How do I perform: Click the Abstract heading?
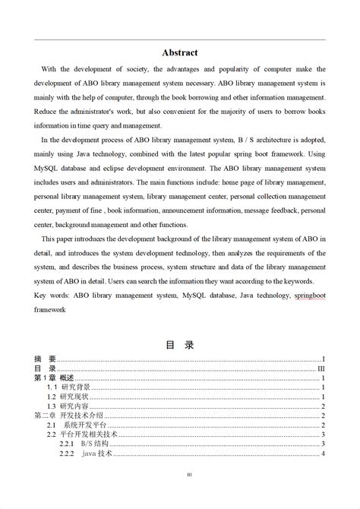[180, 52]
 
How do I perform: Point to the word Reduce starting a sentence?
[46, 111]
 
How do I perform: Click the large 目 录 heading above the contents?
[180, 345]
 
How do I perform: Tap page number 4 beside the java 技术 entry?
[324, 454]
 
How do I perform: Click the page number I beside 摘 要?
[324, 359]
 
